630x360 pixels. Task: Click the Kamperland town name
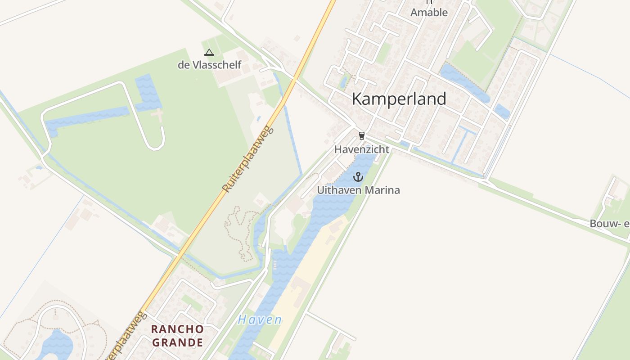(x=399, y=99)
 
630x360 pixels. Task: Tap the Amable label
(x=429, y=12)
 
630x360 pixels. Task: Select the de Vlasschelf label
(x=209, y=65)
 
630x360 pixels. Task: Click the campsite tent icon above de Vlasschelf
(x=209, y=52)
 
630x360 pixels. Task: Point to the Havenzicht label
(x=362, y=149)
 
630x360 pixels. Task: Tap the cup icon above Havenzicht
(x=361, y=136)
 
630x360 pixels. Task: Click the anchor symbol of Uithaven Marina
(x=358, y=177)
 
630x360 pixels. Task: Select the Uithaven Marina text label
(x=358, y=190)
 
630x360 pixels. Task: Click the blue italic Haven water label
(x=260, y=320)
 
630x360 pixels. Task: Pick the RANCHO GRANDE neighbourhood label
(x=177, y=336)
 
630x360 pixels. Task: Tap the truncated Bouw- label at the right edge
(x=610, y=223)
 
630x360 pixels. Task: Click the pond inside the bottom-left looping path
(x=56, y=344)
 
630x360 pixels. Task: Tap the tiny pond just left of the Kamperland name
(x=344, y=81)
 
